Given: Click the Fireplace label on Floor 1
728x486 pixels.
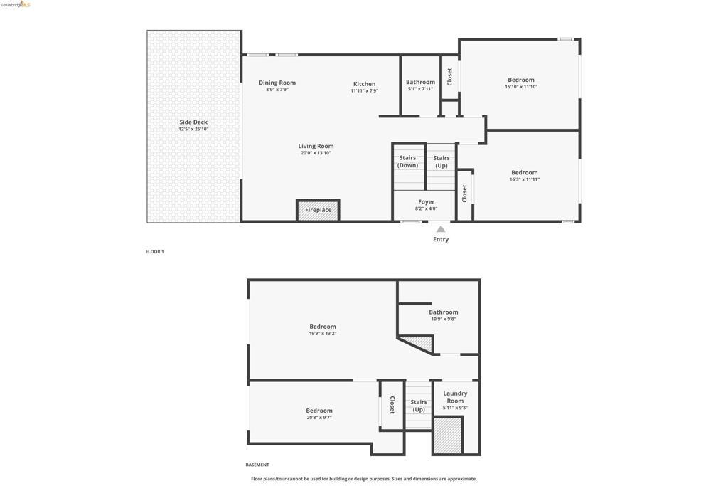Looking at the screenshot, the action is coord(318,210).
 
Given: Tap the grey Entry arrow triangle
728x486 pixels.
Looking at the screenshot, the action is coord(441,229).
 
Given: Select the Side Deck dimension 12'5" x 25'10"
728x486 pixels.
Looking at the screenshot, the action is coord(193,130).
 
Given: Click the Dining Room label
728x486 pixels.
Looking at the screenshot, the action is coord(277,83).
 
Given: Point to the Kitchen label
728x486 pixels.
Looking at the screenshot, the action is coord(365,84).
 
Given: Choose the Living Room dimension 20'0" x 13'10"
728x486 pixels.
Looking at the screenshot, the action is coord(316,153).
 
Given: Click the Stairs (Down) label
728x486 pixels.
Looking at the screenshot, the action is coord(407,162).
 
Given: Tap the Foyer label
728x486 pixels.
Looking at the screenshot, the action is coord(427,202).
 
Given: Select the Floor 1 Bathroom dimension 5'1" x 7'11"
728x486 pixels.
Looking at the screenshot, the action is coord(421,89).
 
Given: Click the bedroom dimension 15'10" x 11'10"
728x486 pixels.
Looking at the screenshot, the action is coord(521,86).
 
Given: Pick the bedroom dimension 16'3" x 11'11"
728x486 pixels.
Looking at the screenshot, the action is coord(525,179).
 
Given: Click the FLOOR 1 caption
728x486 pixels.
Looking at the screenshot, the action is coord(154,252).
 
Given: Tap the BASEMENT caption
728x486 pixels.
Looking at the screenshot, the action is coord(257,465).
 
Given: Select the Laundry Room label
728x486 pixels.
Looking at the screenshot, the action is coord(455,397).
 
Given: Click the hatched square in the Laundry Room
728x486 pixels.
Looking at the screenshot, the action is coord(448,435).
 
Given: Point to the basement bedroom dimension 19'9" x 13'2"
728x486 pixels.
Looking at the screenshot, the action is coord(323,334).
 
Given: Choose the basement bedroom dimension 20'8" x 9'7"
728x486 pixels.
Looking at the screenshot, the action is coord(319,418).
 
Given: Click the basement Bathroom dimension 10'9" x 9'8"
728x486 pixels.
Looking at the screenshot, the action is coord(444,319).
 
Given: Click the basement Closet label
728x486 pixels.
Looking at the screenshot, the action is coord(392,405).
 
